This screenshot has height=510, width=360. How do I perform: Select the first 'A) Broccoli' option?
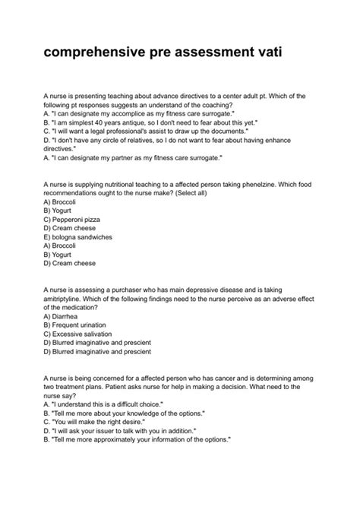click(x=60, y=203)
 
